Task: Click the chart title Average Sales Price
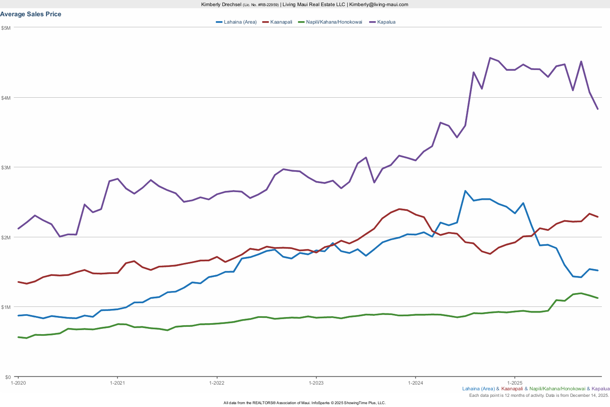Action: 31,14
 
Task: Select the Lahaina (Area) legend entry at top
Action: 240,22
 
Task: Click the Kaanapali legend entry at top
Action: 281,22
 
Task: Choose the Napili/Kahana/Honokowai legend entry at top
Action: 334,22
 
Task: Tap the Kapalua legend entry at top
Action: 386,22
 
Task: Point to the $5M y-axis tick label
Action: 6,28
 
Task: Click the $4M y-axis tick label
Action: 6,98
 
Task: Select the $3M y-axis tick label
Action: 6,167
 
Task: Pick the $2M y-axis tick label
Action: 6,237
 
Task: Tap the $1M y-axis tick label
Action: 6,307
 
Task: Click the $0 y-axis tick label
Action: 8,377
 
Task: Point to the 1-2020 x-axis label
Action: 18,383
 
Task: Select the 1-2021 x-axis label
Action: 117,383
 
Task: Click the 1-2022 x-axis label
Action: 217,383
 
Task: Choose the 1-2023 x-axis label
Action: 316,383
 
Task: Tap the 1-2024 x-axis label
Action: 415,383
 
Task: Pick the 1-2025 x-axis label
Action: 515,383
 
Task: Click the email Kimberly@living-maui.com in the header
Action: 379,4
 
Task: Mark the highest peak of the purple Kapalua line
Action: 490,58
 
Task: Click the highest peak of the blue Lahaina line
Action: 465,191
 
